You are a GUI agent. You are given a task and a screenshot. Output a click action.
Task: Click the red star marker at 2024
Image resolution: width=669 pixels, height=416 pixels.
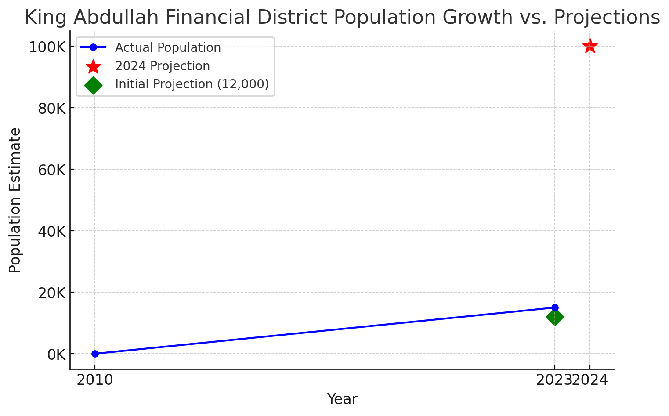590,46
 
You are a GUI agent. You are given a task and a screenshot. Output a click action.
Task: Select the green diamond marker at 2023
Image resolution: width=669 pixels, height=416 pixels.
555,317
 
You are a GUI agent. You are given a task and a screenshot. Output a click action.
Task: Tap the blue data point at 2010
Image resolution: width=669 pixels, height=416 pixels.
95,354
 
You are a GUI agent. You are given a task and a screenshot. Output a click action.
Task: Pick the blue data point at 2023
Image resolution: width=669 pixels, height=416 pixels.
555,307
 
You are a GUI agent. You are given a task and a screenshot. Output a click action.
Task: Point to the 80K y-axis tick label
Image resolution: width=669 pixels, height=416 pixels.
52,109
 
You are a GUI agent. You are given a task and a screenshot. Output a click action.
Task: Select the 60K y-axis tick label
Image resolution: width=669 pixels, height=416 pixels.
52,170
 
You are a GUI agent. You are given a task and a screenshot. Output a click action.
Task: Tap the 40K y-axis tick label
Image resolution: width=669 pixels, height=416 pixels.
52,232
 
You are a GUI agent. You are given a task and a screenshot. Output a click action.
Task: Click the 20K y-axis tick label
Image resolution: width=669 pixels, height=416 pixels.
52,293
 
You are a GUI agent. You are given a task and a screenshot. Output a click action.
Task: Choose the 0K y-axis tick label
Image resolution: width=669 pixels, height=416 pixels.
57,355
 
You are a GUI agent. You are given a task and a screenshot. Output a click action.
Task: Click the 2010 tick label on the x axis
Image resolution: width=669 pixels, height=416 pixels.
95,380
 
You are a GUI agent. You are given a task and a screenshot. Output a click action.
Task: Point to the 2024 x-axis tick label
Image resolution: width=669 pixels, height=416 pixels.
590,380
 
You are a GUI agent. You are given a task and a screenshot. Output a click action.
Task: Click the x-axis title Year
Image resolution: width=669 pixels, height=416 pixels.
342,399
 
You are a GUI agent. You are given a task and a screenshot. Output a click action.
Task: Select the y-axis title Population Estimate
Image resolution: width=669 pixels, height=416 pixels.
14,200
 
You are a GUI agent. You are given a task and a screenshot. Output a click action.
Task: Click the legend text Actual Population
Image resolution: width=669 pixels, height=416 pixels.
168,47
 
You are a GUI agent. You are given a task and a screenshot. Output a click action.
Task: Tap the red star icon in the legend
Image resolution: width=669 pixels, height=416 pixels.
93,66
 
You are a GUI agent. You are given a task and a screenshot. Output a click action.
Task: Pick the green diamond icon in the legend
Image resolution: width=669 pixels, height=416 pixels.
93,85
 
